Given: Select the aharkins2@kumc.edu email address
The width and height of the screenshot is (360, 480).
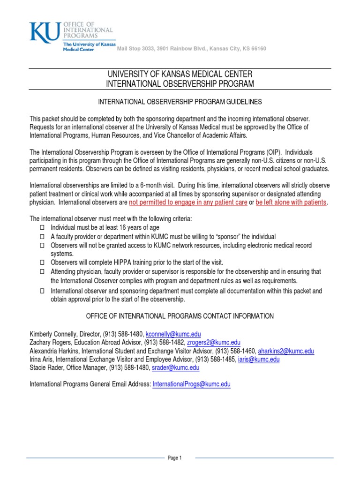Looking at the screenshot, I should coord(286,351).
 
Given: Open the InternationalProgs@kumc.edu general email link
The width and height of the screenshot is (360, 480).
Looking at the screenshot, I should coord(192,384).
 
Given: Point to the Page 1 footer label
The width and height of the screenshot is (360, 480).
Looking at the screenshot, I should coord(174,458).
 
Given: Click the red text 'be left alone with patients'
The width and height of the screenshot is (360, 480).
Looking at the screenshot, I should coord(291,202).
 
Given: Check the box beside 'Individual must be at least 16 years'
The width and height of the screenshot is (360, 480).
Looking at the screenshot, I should coord(42,228).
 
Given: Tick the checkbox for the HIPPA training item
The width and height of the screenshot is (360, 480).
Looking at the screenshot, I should coord(42,262).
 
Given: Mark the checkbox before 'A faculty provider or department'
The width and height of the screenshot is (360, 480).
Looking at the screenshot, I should coord(42,237).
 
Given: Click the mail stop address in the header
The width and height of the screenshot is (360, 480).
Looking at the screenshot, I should coord(191,49).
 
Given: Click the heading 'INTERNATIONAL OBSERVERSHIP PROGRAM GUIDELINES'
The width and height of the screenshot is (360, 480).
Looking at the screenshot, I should coord(180,101).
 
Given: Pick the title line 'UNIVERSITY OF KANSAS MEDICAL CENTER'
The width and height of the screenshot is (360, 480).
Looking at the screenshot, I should coord(180,74).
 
